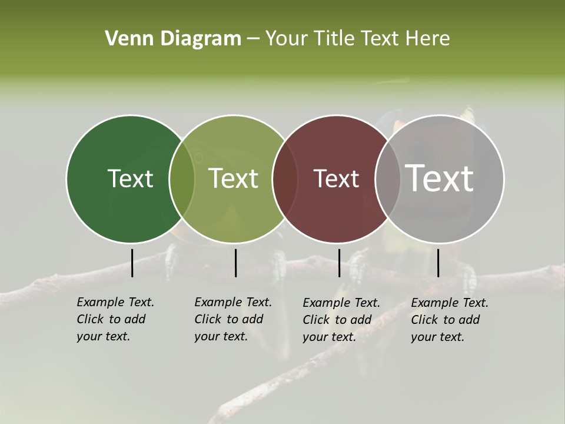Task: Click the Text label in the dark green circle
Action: pos(130,178)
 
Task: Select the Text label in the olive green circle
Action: pos(234,178)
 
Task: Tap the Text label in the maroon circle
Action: pos(337,178)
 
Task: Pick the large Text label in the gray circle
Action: pos(440,178)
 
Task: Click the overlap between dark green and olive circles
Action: pos(182,179)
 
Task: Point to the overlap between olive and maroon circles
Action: pos(285,179)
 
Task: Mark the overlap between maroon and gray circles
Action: pos(388,179)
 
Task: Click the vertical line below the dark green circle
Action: pos(132,263)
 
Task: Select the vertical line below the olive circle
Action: pos(235,263)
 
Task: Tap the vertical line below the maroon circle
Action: pos(339,263)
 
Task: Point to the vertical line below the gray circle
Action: pos(438,263)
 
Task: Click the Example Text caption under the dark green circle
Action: pos(115,319)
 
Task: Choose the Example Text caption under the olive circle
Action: pos(232,319)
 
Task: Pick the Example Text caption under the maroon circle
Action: pos(341,320)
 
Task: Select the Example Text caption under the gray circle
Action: pos(449,320)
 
